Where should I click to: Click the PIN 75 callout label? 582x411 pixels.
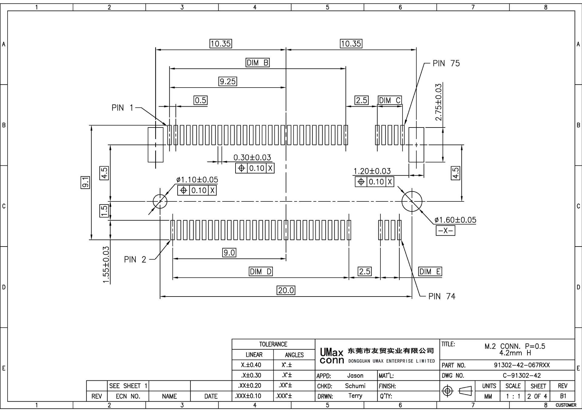[446, 63]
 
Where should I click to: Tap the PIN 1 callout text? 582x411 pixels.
[122, 108]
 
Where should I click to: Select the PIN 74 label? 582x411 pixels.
[442, 296]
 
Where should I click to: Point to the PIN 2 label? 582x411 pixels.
[135, 260]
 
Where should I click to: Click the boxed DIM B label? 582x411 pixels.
[257, 63]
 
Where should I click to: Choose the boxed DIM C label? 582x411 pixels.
[390, 100]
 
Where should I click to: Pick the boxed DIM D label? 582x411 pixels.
[260, 271]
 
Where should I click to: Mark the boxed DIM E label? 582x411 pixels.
[430, 271]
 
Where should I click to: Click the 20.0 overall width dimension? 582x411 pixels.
[286, 290]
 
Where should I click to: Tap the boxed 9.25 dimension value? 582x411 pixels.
[228, 81]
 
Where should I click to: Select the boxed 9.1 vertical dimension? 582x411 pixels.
[85, 182]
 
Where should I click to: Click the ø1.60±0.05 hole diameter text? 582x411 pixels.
[455, 220]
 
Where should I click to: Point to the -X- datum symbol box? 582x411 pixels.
[445, 230]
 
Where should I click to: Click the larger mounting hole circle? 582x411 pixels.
[412, 201]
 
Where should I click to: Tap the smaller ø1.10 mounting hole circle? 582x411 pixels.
[160, 201]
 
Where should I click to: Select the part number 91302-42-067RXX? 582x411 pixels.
[522, 365]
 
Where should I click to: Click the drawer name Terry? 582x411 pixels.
[355, 396]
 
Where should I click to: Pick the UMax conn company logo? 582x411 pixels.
[332, 356]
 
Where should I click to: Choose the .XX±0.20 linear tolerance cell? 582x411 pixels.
[252, 386]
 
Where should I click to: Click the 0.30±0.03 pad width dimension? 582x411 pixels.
[252, 157]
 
